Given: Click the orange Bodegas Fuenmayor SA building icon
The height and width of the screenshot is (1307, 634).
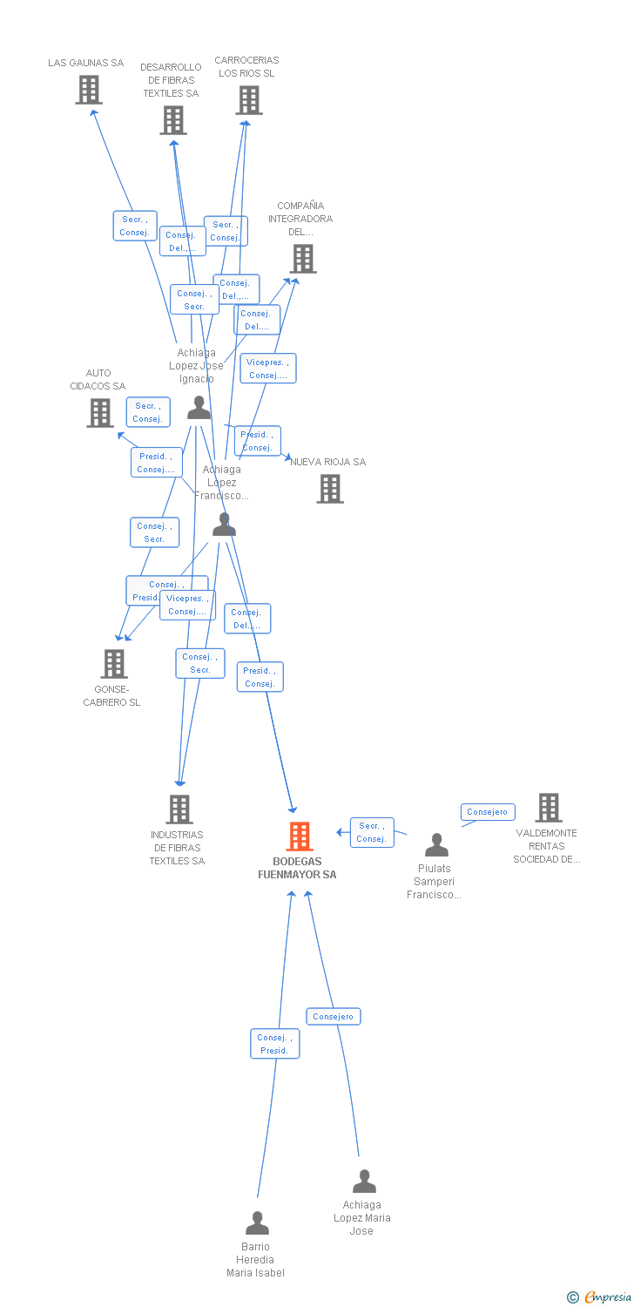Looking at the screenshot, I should point(299,836).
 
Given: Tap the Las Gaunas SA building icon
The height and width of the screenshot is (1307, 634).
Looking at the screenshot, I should point(88,90).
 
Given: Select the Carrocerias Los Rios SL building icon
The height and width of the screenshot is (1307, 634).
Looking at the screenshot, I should point(249,100).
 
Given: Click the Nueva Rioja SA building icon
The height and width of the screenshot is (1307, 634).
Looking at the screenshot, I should point(330,489).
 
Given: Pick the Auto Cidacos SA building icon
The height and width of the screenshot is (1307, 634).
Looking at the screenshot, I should point(100,413).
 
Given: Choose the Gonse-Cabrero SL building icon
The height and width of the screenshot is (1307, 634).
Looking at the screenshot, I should point(113,664).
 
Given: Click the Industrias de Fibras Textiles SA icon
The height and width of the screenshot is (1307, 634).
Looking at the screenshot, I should point(179,809).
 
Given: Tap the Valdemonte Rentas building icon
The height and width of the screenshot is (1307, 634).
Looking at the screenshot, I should point(549,808).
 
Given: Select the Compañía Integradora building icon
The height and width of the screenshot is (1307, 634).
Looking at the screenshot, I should point(303,259).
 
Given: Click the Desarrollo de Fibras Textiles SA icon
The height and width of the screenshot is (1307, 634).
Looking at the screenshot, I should point(173,120).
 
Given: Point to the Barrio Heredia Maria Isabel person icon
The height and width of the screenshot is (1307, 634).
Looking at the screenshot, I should point(257,1223).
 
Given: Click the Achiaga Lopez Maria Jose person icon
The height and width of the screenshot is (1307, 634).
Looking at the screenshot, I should point(364,1182).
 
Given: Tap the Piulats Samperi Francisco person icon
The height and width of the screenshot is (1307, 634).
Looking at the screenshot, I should point(436,845).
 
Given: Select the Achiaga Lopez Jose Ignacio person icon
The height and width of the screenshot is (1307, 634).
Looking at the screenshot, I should point(199,408).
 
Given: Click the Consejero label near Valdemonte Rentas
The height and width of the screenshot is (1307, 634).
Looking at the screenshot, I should point(487,812).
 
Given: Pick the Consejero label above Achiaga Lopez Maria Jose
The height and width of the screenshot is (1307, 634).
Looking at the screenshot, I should point(334,1017).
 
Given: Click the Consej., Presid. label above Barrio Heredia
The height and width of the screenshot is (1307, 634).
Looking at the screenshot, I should point(274,1044).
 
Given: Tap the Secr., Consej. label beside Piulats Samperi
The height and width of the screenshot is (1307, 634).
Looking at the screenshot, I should point(372,832).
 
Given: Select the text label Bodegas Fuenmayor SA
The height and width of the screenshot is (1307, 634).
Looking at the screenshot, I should point(297,868).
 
